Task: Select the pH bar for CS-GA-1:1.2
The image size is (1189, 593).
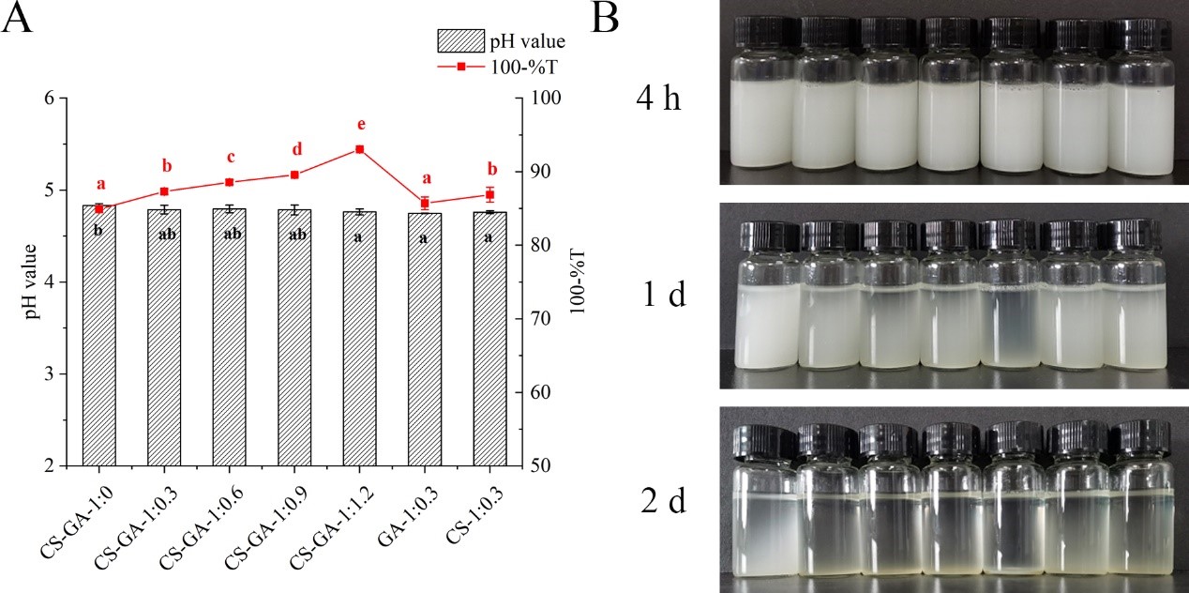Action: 359,339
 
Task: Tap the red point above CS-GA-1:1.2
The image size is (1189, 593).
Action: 359,149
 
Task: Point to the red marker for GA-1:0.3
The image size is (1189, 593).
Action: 425,203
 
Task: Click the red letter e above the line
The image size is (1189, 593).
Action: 360,125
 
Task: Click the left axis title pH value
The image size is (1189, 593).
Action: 31,281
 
